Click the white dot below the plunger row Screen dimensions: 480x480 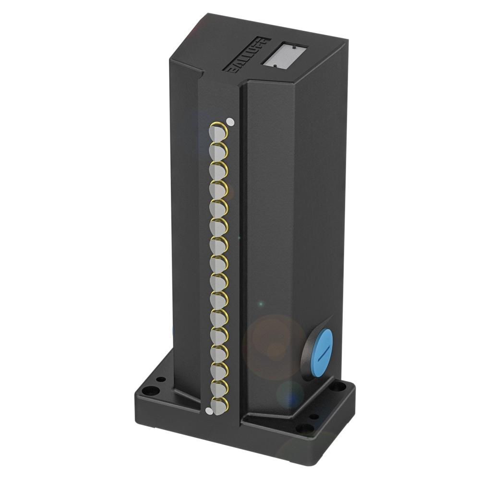coord(208,410)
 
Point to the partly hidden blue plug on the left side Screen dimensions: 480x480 coord(171,331)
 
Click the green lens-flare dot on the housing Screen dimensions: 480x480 coord(261,303)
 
